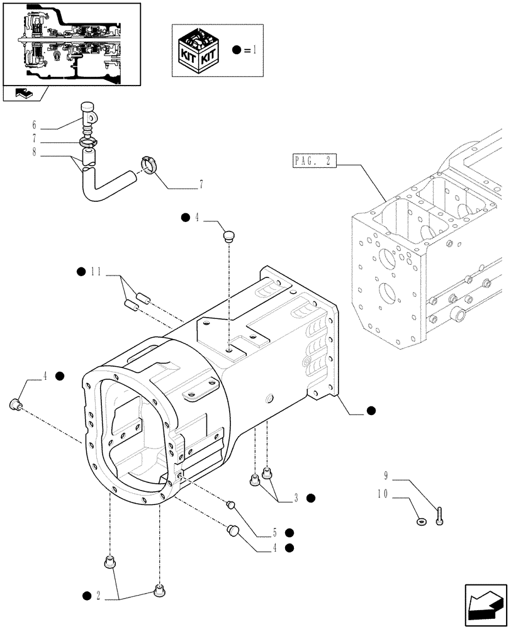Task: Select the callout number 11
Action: [x=96, y=272]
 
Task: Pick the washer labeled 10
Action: [x=421, y=521]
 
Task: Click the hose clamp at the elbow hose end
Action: [x=150, y=166]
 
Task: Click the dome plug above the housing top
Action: [x=230, y=237]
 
